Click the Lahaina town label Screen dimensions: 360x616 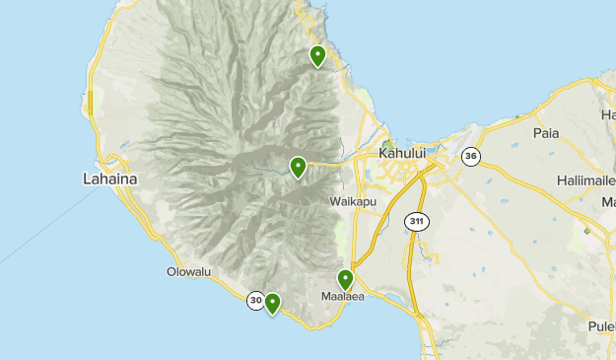(110, 179)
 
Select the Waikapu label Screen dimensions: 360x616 (351, 200)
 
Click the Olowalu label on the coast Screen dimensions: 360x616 (189, 271)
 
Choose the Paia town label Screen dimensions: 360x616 (545, 132)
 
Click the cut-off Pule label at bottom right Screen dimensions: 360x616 (602, 325)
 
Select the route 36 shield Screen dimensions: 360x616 (472, 156)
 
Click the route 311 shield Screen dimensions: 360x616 (416, 222)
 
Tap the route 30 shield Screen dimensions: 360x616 (256, 301)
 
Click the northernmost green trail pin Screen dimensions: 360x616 (317, 55)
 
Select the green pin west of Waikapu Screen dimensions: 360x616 (298, 168)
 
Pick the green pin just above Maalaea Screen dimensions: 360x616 (345, 279)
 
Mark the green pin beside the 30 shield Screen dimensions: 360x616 (272, 303)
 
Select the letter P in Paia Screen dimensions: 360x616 (536, 132)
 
